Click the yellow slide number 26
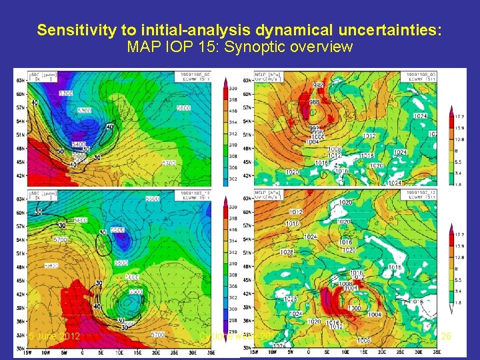[x=447, y=336]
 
